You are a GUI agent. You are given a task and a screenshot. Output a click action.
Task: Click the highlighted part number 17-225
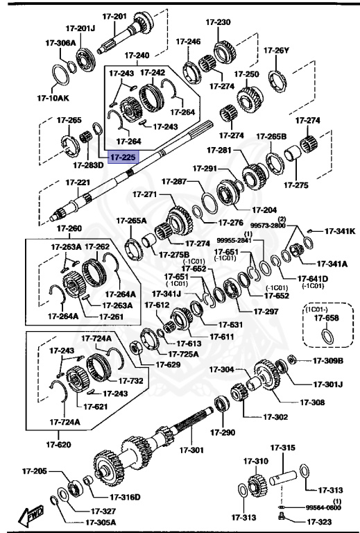(121, 157)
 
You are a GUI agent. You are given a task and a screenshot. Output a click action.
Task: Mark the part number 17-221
(78, 183)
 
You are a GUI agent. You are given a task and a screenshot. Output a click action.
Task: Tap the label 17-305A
(101, 522)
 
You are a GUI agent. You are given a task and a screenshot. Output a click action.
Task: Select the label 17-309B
(328, 360)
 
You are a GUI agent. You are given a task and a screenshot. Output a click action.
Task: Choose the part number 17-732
(130, 380)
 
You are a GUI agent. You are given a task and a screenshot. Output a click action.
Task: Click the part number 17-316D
(125, 496)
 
